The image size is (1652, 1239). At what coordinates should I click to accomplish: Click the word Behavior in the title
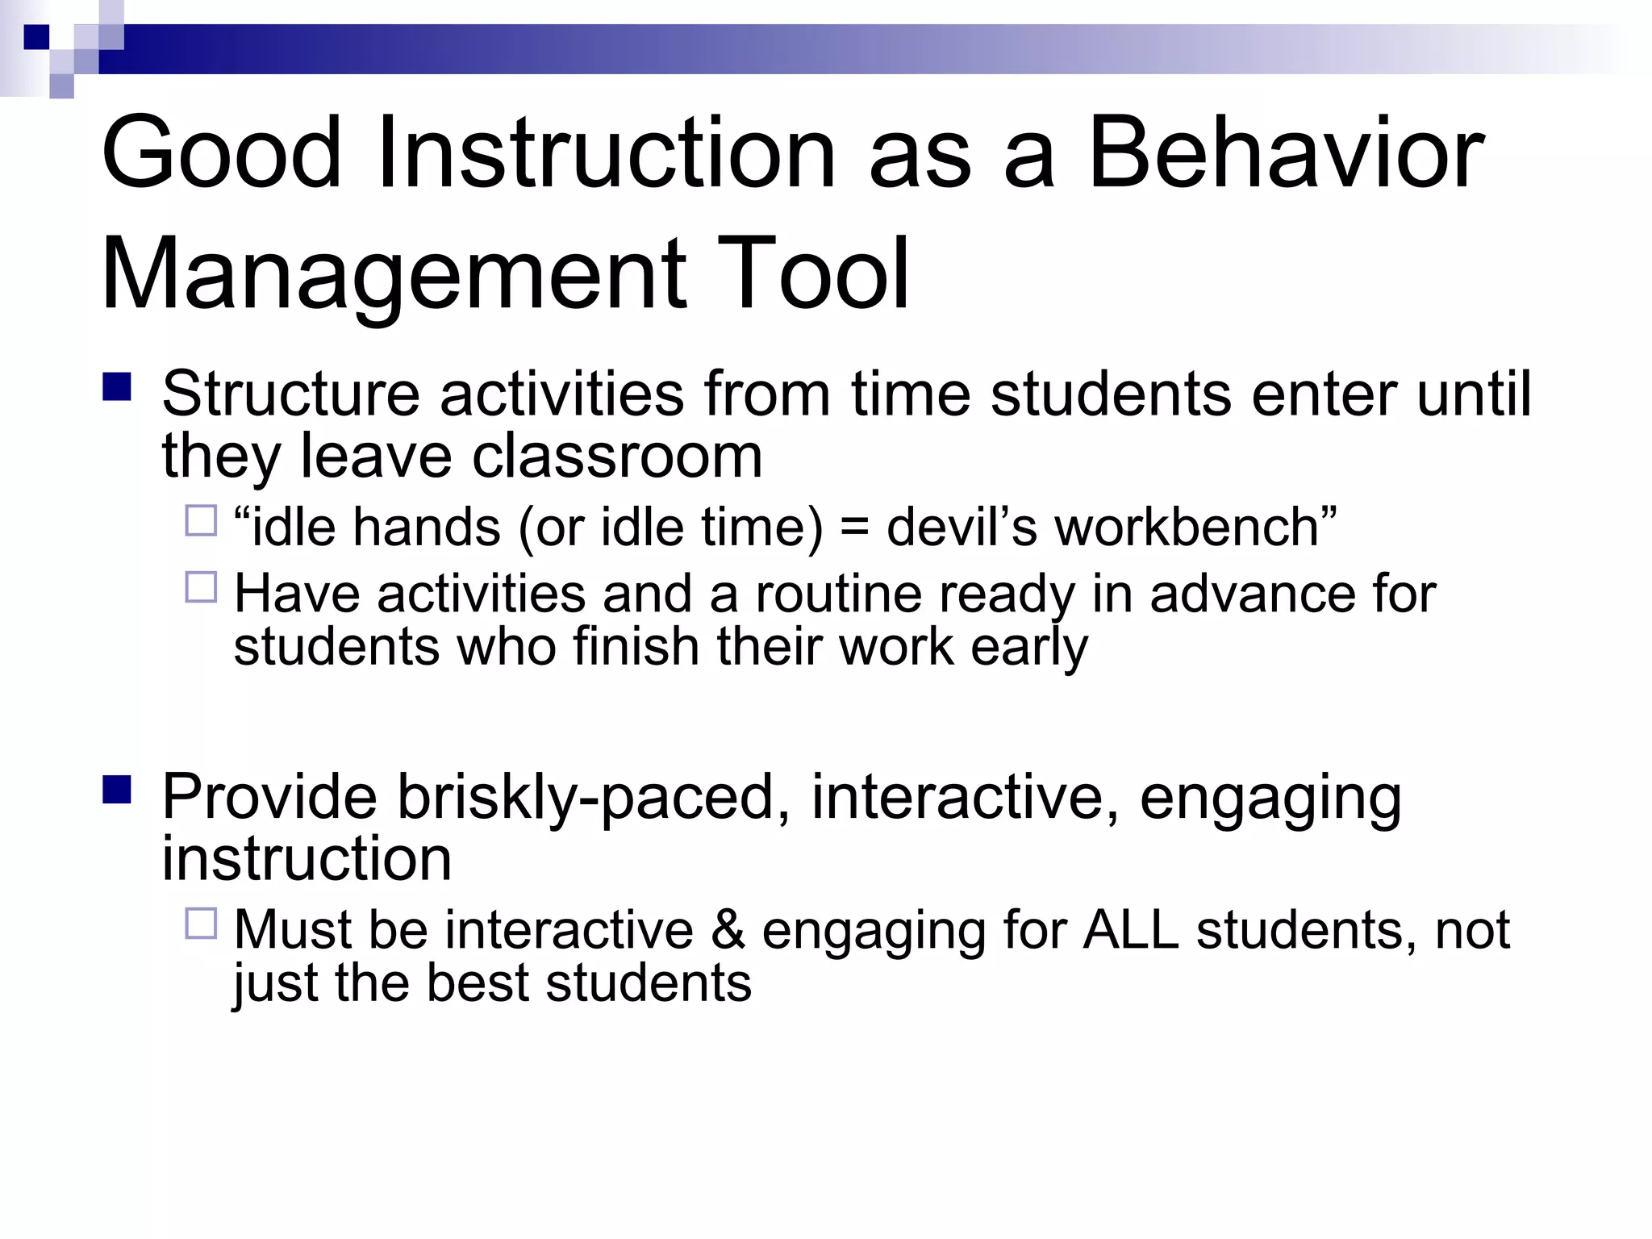tap(1286, 153)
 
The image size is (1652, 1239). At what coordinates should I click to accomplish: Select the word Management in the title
tap(394, 274)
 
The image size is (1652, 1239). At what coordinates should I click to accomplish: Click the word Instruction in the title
tap(605, 153)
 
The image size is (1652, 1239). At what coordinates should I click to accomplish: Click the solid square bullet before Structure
tap(117, 386)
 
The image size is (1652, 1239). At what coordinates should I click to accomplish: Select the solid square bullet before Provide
tap(117, 790)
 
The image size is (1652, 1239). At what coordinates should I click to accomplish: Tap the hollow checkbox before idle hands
tap(201, 521)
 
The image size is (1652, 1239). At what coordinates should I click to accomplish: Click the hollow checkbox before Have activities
tap(201, 587)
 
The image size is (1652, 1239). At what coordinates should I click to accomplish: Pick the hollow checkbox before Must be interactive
tap(201, 924)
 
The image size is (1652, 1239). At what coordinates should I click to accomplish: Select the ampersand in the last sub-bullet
tap(728, 930)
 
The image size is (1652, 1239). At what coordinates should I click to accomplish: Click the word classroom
tap(617, 457)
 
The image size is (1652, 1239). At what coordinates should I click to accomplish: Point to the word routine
tap(837, 594)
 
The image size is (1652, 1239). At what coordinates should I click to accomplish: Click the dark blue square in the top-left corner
tap(36, 37)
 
